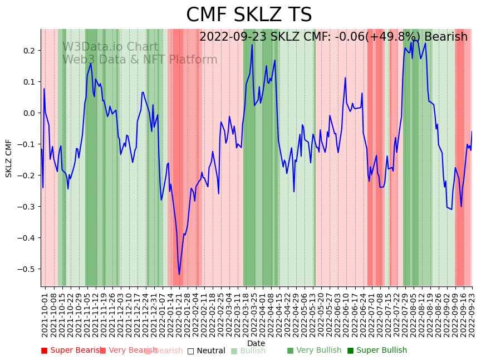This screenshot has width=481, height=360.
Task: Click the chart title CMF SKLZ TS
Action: pos(249,15)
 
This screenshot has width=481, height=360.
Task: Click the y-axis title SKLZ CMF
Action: pos(9,158)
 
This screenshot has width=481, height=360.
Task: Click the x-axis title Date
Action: pos(256,343)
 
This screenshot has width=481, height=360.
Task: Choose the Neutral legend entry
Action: pos(207,351)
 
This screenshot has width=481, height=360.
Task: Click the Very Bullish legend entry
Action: pos(315,351)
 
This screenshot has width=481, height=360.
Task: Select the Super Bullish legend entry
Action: pos(377,351)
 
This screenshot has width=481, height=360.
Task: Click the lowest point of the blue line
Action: pos(179,274)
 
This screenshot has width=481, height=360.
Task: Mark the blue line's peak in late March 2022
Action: pos(252,45)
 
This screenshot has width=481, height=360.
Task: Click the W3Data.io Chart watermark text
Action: pos(110,47)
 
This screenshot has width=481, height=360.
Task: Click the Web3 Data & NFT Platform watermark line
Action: pos(140,60)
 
